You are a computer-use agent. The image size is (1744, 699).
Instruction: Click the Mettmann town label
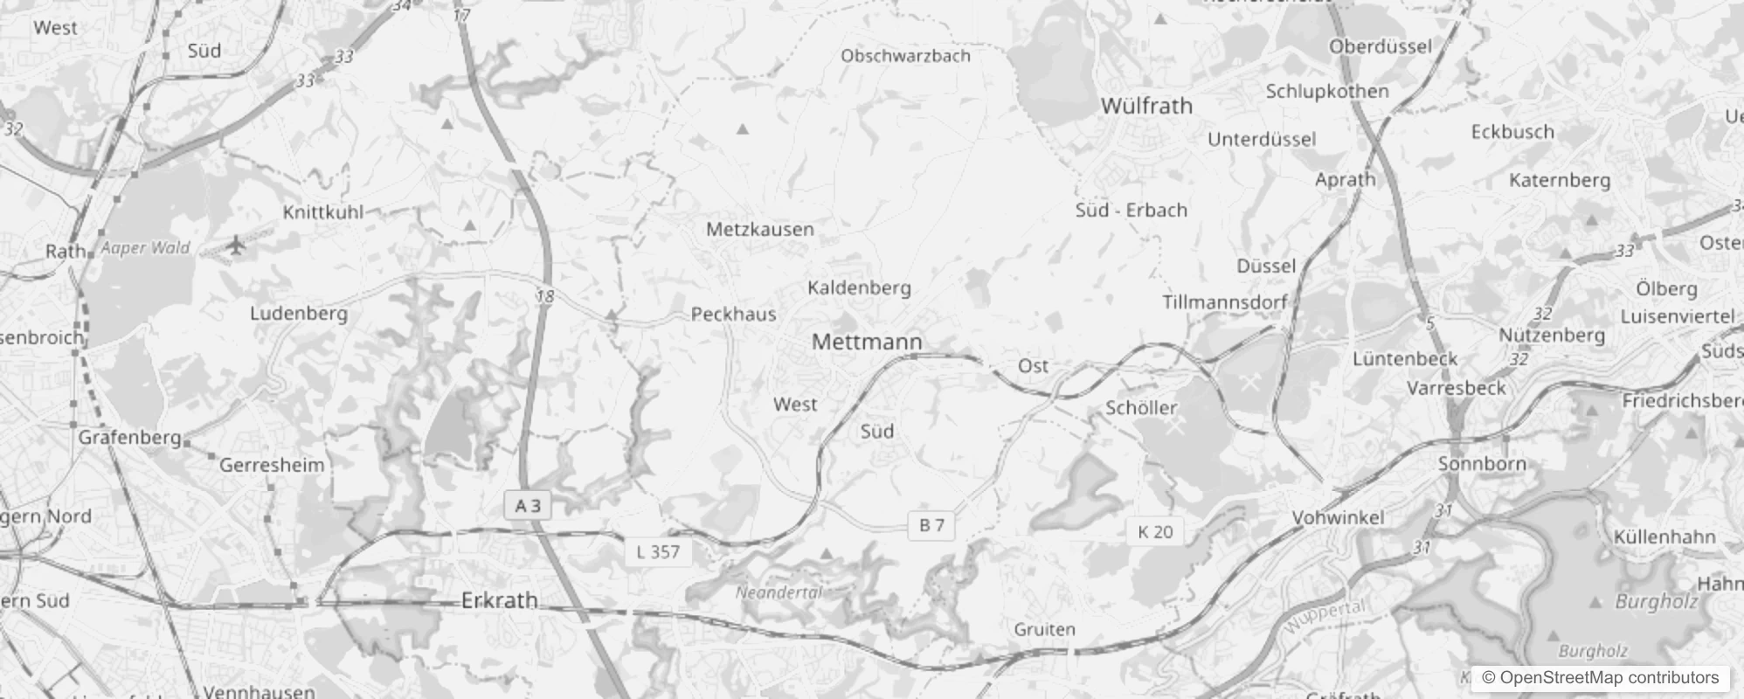[x=867, y=342]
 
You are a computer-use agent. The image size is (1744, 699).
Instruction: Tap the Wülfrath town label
[x=1146, y=106]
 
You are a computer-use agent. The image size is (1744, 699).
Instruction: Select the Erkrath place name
[x=499, y=600]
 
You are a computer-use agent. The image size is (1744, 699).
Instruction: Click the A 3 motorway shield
[x=528, y=506]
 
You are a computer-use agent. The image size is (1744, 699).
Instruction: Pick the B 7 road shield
[x=931, y=525]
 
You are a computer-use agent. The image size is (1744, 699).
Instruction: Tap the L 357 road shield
[x=658, y=551]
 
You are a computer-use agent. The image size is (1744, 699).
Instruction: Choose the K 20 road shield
[x=1155, y=531]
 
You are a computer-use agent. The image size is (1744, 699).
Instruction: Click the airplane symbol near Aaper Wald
[x=235, y=246]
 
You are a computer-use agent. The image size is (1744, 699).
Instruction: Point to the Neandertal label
[x=779, y=592]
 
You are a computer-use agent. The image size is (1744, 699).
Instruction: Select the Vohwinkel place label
[x=1338, y=517]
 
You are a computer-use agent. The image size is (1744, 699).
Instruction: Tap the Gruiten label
[x=1044, y=629]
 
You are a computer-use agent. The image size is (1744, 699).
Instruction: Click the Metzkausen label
[x=759, y=230]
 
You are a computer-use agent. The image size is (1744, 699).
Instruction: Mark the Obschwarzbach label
[x=905, y=56]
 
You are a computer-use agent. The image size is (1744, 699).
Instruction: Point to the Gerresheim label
[x=272, y=465]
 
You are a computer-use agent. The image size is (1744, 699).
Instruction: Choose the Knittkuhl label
[x=323, y=212]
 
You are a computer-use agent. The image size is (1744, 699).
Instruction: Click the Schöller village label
[x=1141, y=408]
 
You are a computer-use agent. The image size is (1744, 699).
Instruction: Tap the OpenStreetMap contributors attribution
[x=1601, y=678]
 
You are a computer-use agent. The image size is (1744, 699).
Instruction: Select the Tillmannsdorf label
[x=1224, y=302]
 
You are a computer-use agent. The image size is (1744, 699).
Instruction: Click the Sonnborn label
[x=1482, y=464]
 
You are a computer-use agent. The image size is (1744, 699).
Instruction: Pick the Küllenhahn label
[x=1664, y=536]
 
